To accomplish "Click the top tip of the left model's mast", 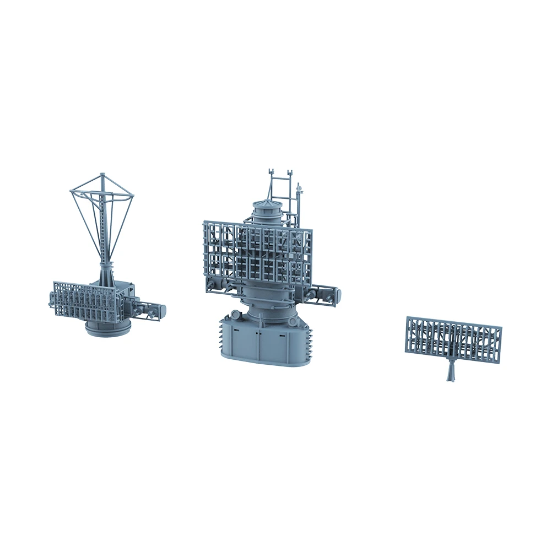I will tap(102, 175).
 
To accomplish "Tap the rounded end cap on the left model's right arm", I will tap(163, 310).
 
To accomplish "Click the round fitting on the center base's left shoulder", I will tap(235, 315).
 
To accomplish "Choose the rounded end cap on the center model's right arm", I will tap(337, 294).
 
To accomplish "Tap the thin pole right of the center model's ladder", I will tap(299, 204).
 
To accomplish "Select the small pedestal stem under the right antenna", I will tap(451, 372).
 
